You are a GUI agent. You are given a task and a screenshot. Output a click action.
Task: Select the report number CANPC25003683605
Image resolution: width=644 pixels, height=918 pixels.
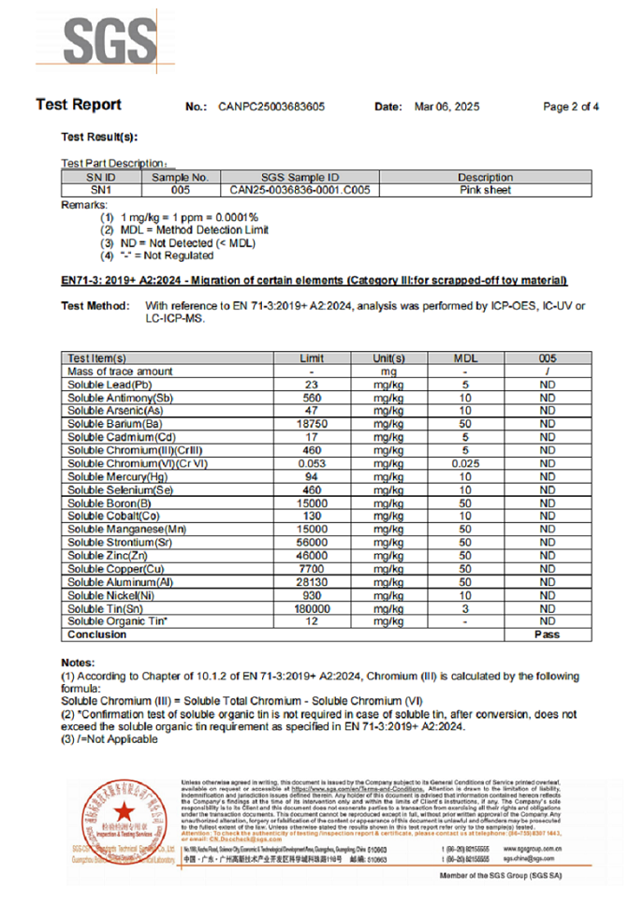(271, 107)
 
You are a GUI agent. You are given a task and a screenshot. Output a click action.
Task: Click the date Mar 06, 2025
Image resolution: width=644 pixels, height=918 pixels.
(446, 107)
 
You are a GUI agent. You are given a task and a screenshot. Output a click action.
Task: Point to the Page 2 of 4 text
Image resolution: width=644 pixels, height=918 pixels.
(571, 107)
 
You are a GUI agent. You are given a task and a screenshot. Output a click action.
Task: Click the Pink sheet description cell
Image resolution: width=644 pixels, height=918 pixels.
(486, 190)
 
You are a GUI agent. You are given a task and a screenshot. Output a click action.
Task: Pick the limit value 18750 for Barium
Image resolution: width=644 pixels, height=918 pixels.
(312, 424)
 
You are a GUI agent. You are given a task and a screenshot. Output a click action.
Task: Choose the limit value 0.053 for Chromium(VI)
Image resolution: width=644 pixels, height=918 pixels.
(312, 463)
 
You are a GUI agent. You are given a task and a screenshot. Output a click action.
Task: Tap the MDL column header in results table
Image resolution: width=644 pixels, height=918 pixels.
(466, 358)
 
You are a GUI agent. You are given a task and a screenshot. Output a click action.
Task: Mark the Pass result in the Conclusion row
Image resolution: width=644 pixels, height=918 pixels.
(548, 634)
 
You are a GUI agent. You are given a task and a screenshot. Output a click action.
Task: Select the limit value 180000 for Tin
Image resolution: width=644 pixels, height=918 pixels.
(312, 608)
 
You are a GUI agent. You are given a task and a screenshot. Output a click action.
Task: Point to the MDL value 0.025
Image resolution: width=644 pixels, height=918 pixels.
(466, 463)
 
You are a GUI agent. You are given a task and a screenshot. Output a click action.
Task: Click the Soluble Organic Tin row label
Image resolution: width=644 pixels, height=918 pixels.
(117, 621)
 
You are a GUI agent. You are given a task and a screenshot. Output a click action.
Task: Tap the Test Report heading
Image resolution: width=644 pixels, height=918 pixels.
(79, 105)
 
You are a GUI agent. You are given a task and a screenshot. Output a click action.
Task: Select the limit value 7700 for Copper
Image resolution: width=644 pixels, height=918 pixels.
(312, 569)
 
